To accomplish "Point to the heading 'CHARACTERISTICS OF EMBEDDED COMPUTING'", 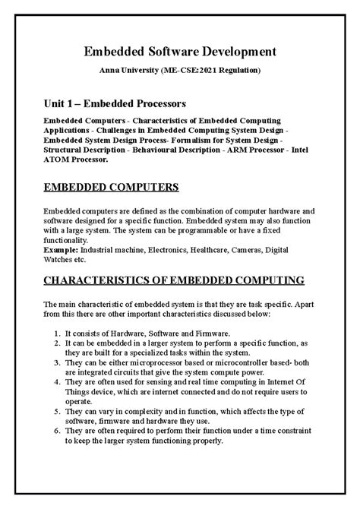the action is (180, 279).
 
